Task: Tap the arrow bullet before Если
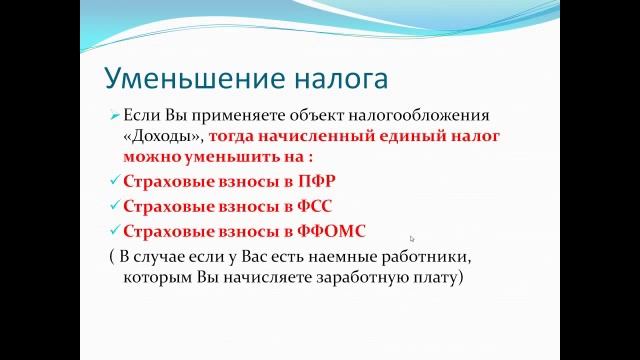114,115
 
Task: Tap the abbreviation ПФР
308,182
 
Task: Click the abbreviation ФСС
307,206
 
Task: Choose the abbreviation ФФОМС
323,231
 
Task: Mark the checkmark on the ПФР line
113,182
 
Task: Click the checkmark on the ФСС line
113,206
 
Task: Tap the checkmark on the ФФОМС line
113,231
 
